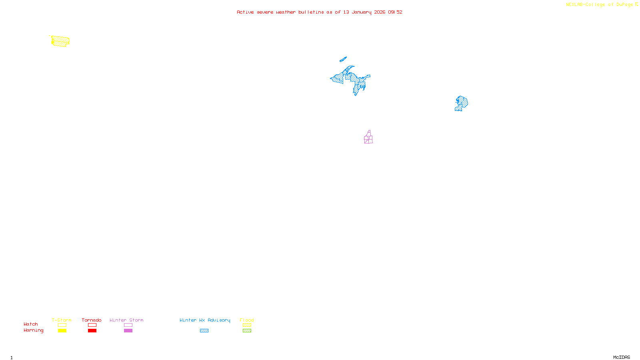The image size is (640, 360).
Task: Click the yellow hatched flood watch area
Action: (x=60, y=41)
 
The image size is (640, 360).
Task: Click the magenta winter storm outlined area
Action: (x=368, y=138)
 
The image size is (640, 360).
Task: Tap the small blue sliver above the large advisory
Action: (x=343, y=59)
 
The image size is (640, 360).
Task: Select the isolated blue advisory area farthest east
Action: (x=462, y=103)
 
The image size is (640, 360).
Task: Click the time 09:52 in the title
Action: (x=395, y=12)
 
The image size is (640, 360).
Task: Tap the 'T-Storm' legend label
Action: (x=62, y=320)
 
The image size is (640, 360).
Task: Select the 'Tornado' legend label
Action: (x=92, y=320)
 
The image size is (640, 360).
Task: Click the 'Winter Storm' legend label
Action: (x=126, y=320)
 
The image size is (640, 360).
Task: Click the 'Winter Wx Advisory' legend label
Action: (x=205, y=320)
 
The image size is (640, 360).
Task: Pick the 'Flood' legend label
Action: (x=247, y=320)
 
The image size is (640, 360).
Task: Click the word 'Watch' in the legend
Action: (x=31, y=324)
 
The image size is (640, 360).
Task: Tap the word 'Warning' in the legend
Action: (x=34, y=330)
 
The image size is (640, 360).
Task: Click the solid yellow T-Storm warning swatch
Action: (x=62, y=331)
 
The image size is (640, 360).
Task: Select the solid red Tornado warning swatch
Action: (x=92, y=331)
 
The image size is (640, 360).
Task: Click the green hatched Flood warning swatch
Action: (x=247, y=331)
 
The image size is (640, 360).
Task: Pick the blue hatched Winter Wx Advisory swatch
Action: (x=204, y=331)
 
